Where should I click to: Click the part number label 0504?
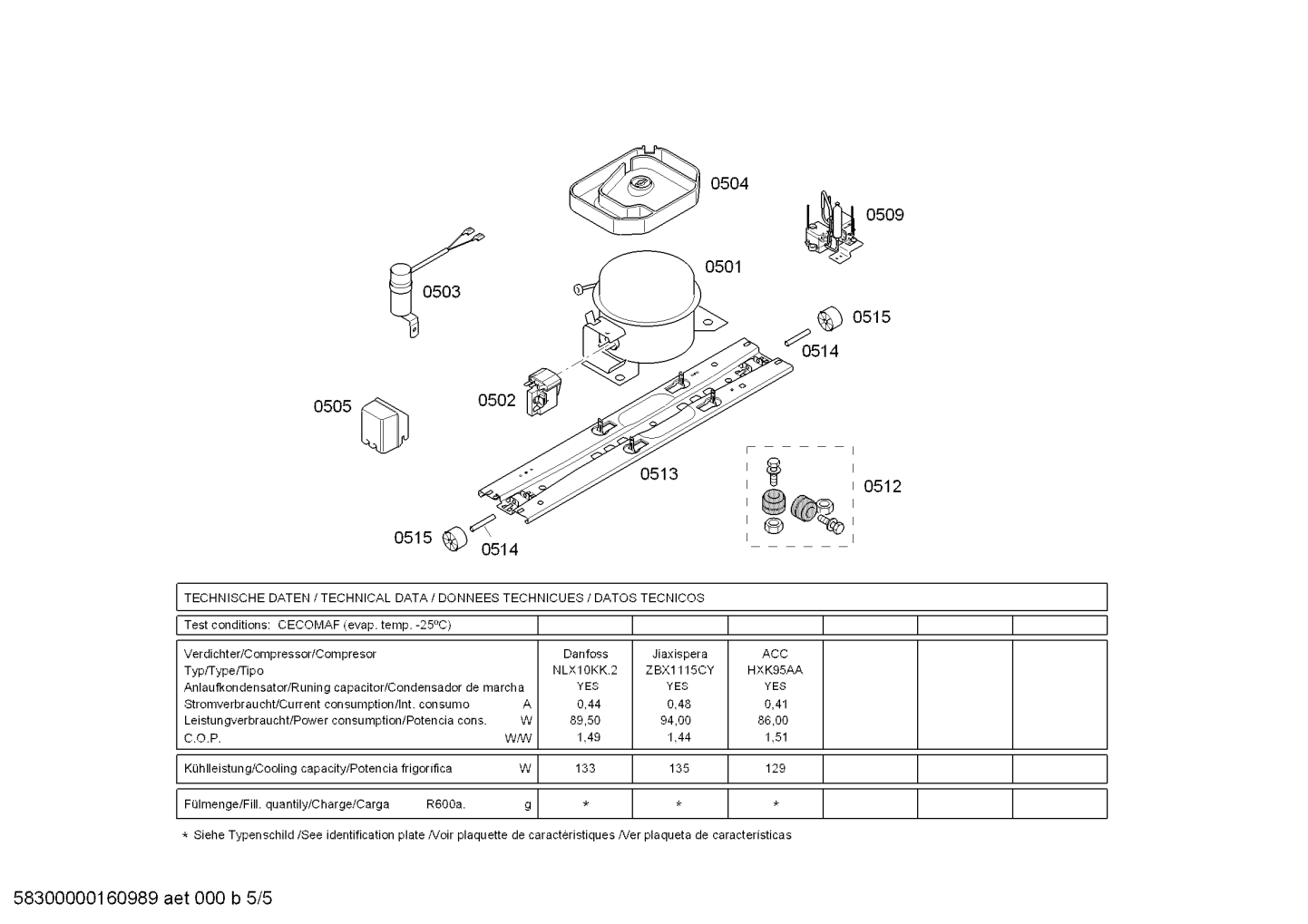click(729, 184)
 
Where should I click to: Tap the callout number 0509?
click(884, 215)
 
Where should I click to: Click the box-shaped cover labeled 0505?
click(385, 425)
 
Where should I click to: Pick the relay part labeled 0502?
click(543, 392)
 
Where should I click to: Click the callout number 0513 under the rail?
click(659, 474)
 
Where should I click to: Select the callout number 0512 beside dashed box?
click(883, 486)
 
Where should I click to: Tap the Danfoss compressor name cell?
click(585, 654)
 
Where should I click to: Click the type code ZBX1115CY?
click(679, 670)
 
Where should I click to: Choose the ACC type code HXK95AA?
click(775, 670)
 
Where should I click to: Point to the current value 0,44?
click(589, 704)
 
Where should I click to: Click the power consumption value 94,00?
click(676, 720)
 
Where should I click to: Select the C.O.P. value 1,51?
click(776, 737)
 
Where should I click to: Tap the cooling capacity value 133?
click(585, 768)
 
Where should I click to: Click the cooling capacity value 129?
click(776, 768)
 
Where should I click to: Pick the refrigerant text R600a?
click(445, 804)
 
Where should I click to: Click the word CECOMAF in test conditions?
click(308, 625)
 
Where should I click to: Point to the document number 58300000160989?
click(86, 899)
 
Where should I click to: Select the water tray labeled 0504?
click(634, 190)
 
